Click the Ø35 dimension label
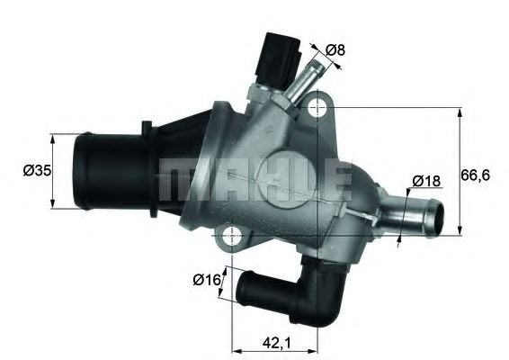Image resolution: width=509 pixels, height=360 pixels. (x=35, y=169)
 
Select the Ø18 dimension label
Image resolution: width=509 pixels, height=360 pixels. (x=426, y=181)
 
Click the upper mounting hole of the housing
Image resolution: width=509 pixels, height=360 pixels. (x=316, y=110)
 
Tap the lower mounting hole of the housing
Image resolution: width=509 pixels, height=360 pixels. (x=232, y=239)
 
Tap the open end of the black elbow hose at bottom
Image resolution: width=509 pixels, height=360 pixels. (x=243, y=290)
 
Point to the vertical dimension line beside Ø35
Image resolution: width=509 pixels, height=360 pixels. (x=54, y=171)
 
